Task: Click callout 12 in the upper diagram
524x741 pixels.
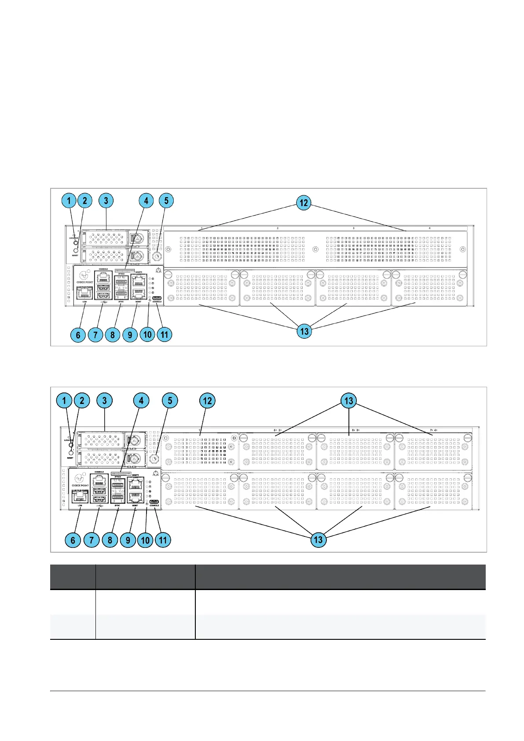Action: pyautogui.click(x=304, y=203)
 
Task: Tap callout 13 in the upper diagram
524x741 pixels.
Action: pyautogui.click(x=304, y=331)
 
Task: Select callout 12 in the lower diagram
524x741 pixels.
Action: pyautogui.click(x=207, y=401)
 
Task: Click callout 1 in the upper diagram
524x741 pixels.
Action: pyautogui.click(x=69, y=201)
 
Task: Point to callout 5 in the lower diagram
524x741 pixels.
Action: pyautogui.click(x=170, y=401)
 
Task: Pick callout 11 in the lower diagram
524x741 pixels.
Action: pyautogui.click(x=163, y=540)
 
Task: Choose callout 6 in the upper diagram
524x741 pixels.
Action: pyautogui.click(x=78, y=335)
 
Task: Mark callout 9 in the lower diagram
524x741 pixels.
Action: pyautogui.click(x=128, y=540)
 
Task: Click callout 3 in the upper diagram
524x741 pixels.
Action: pyautogui.click(x=106, y=201)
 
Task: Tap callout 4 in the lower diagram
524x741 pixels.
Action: pyautogui.click(x=141, y=401)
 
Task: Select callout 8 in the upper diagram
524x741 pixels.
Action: pyautogui.click(x=113, y=335)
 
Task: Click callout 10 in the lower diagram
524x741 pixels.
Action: pyautogui.click(x=146, y=540)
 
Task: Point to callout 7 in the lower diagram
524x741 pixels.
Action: pyautogui.click(x=92, y=540)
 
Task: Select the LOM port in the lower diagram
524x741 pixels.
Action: pyautogui.click(x=80, y=496)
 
